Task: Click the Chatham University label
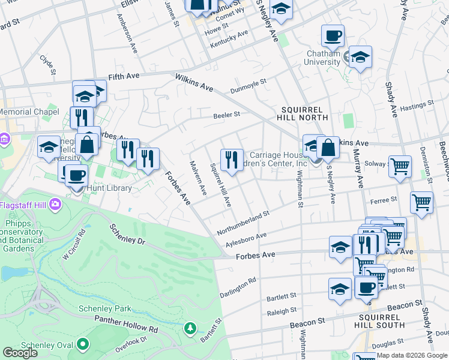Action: pos(324,58)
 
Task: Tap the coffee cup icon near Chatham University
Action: pos(333,36)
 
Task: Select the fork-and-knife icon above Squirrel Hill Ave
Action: pos(232,160)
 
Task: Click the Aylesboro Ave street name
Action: pos(246,238)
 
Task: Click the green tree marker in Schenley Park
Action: pos(190,328)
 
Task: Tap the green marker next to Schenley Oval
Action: pos(83,344)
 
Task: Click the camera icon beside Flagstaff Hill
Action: pos(56,205)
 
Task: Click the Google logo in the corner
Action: pos(20,353)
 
